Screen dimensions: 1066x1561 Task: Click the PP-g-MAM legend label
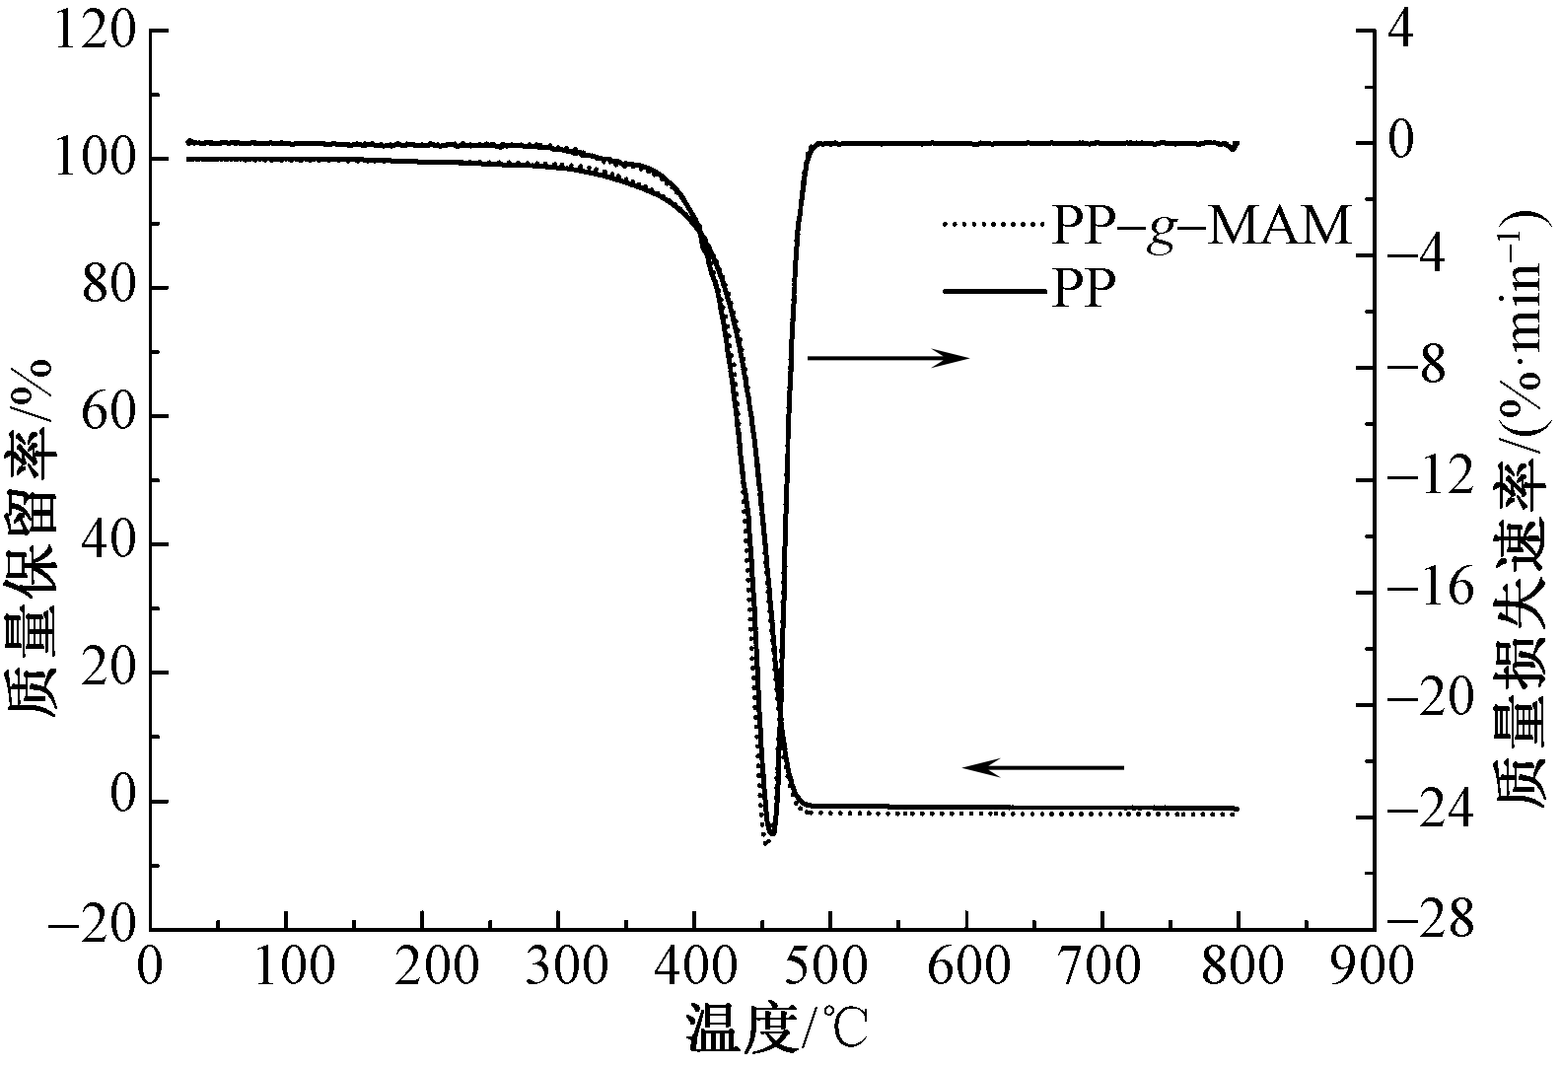pyautogui.click(x=1200, y=226)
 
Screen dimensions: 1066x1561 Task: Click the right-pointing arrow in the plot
pyautogui.click(x=888, y=358)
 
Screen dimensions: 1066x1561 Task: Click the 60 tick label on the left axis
pyautogui.click(x=110, y=416)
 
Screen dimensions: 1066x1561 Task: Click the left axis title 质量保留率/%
pyautogui.click(x=32, y=538)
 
